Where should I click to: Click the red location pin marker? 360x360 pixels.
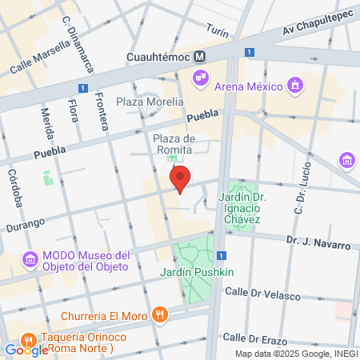(181, 179)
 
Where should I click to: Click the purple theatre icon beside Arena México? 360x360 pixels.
(199, 78)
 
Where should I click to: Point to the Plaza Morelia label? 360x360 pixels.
(150, 102)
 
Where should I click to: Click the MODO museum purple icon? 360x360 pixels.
(30, 259)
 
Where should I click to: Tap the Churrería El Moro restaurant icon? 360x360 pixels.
(162, 314)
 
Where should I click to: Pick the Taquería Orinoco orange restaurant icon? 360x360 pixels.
(29, 337)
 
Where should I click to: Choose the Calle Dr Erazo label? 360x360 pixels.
(254, 337)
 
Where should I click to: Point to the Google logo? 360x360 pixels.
(26, 350)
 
